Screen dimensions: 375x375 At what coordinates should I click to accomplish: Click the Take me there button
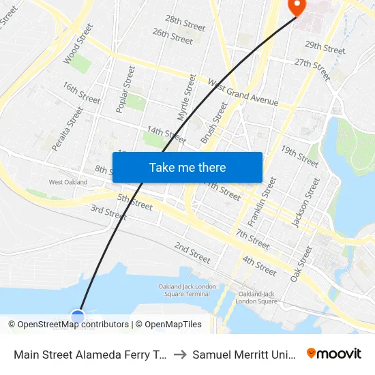(187, 167)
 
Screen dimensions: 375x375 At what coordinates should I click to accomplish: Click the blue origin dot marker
(78, 316)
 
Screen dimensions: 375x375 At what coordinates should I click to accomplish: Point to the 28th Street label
(185, 25)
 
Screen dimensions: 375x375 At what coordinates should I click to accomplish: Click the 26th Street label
(172, 36)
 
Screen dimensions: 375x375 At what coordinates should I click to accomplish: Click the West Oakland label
(68, 182)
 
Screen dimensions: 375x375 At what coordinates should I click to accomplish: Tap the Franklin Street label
(262, 201)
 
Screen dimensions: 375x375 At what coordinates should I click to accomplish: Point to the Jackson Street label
(305, 202)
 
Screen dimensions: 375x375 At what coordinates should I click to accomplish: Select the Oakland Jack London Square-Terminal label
(184, 290)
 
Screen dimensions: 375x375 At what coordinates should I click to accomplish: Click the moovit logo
(334, 354)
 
